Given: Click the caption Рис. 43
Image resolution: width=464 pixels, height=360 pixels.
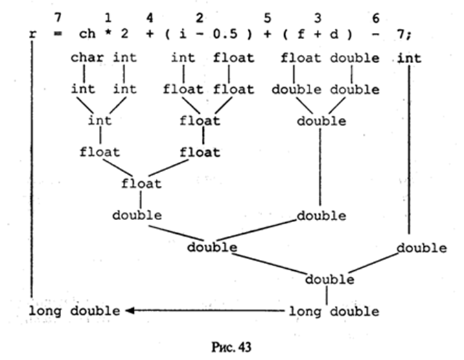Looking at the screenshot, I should click(232, 347).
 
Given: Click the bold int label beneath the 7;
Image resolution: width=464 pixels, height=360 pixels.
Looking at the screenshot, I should click(410, 59).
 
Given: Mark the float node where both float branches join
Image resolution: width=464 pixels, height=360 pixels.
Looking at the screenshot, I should click(141, 183).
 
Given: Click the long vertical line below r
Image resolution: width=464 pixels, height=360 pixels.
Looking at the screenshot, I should click(33, 171).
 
